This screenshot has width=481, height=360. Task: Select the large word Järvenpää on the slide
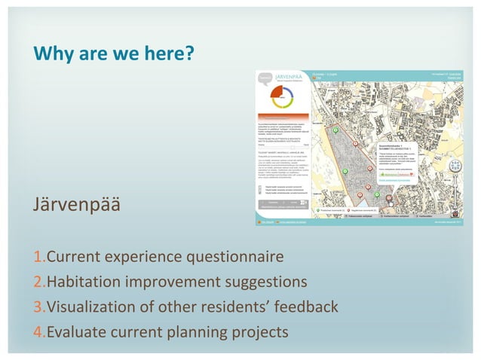point(75,204)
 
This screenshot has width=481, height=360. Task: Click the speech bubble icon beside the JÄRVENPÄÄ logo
point(265,78)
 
